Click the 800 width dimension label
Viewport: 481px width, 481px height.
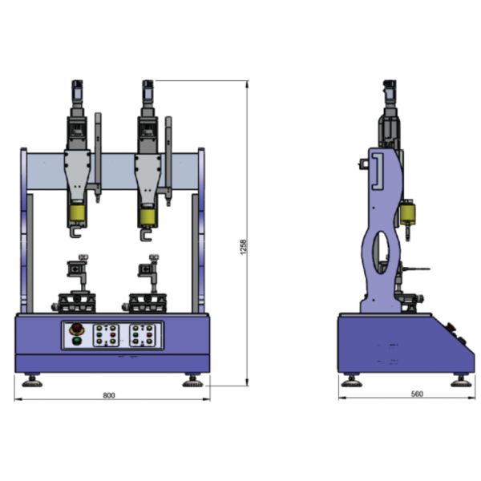click(109, 395)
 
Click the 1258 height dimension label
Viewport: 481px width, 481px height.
click(243, 247)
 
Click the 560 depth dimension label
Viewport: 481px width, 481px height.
click(417, 394)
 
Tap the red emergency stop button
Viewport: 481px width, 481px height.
click(75, 329)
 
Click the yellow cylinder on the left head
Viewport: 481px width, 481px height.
click(77, 213)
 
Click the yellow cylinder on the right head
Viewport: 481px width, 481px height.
click(148, 216)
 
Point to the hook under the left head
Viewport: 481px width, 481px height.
click(75, 232)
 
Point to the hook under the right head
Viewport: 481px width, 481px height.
click(146, 235)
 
